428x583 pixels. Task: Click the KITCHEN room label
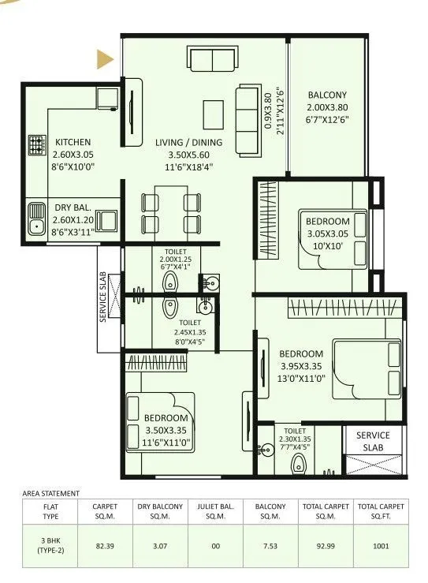[x=73, y=142]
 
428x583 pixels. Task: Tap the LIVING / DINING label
[x=188, y=142]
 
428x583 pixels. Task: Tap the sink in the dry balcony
[x=36, y=219]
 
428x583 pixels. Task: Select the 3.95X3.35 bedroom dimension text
[x=300, y=366]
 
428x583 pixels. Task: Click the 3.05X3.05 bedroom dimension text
[x=327, y=234]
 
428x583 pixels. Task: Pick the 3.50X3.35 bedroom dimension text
[x=166, y=430]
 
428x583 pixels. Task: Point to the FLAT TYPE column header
[x=48, y=512]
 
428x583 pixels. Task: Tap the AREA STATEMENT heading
[x=49, y=492]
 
